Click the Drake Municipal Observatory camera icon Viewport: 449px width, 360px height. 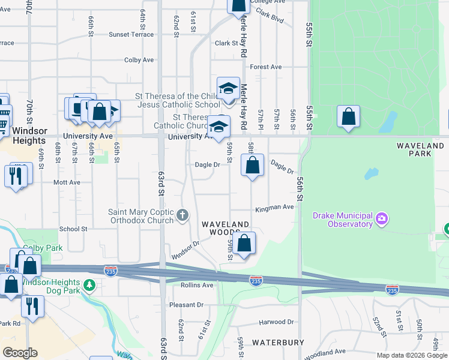point(382,220)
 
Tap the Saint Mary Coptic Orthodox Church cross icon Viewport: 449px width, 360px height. point(183,214)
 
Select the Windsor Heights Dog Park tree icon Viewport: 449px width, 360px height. point(89,284)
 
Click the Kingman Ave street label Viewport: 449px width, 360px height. point(274,207)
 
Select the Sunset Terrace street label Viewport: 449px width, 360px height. point(131,34)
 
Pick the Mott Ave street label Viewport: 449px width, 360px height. point(67,182)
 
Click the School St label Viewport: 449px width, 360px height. point(73,229)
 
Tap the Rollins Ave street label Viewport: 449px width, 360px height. point(197,285)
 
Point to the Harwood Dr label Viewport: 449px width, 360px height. point(276,322)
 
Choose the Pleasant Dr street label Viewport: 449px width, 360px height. point(187,305)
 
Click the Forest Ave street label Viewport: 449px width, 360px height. point(266,67)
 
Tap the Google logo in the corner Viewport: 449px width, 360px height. point(19,352)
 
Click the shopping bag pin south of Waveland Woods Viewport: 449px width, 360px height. point(244,245)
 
